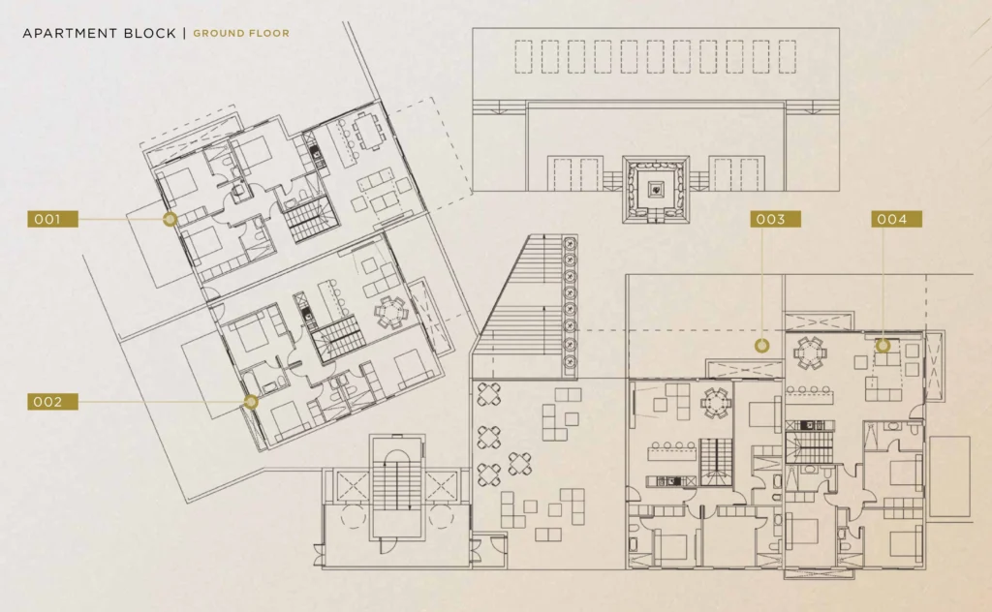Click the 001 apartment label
(x=52, y=220)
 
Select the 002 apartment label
(x=52, y=402)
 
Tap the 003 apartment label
(x=776, y=220)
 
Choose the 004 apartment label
(x=896, y=220)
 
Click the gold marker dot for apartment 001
(x=170, y=220)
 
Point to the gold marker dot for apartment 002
(x=251, y=402)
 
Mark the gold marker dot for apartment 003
(x=761, y=345)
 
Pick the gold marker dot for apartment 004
(x=883, y=345)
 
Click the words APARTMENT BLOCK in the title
(x=100, y=34)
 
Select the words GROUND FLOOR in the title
(x=241, y=34)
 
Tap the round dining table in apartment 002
(x=391, y=313)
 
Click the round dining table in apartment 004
(x=809, y=352)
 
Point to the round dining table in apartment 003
(x=716, y=403)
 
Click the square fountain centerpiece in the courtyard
(x=656, y=190)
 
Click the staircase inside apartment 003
(x=716, y=462)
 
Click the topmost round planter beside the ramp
(x=570, y=243)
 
